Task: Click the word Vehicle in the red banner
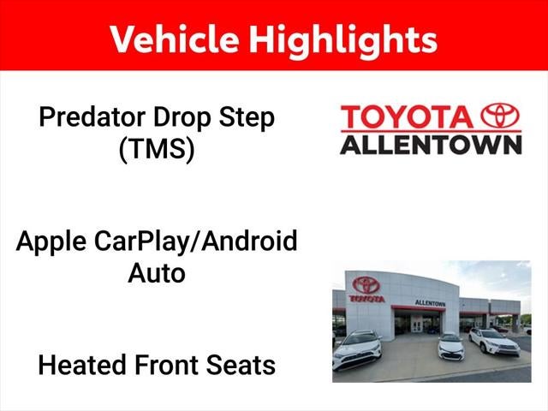click(175, 39)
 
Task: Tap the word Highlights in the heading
click(343, 42)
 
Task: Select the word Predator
click(92, 118)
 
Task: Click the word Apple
click(51, 242)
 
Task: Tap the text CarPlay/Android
click(196, 241)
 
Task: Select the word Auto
click(157, 273)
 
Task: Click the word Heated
click(82, 366)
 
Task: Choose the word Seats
click(241, 366)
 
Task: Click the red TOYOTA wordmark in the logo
click(408, 117)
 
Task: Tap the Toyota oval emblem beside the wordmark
click(500, 116)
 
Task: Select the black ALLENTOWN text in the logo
click(431, 145)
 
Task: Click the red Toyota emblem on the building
click(366, 285)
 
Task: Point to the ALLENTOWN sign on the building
click(430, 303)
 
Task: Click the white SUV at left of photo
click(357, 349)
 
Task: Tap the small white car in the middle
click(451, 347)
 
